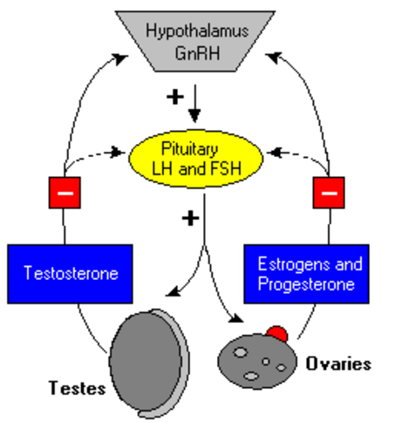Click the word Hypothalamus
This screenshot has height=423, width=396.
tap(197, 31)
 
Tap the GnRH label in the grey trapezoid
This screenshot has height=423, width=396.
tap(197, 53)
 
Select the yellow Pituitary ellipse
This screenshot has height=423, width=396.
tap(196, 159)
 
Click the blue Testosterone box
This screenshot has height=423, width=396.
tap(70, 274)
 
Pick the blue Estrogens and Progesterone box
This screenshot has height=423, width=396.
tap(306, 274)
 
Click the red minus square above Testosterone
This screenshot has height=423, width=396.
tap(65, 193)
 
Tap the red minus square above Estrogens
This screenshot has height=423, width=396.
tap(329, 193)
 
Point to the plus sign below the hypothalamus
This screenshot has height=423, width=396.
tap(175, 97)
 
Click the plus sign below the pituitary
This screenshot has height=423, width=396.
tap(190, 218)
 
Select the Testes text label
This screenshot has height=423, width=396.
tap(78, 388)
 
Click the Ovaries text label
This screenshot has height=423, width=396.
tap(338, 364)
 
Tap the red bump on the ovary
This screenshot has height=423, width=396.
tap(277, 333)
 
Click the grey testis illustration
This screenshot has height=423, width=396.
tap(149, 364)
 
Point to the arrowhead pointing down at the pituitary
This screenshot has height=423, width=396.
tap(195, 115)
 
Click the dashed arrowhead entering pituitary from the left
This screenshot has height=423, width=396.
tap(118, 152)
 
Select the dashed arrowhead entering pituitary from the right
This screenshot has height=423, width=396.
tap(274, 153)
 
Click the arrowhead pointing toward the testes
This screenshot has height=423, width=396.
tap(173, 292)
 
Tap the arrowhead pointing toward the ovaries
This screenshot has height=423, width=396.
tap(236, 318)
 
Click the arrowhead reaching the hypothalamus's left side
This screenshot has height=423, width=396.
tap(120, 58)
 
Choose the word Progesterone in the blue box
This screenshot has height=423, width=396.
tap(306, 284)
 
